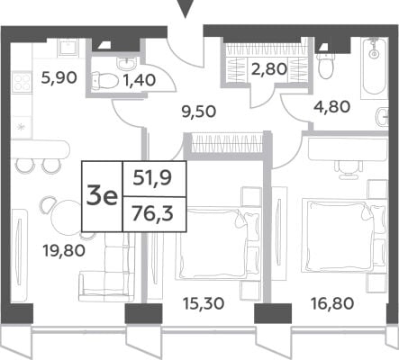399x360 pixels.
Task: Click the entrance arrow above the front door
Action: coord(186,8)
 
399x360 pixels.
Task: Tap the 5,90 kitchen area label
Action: coord(59,78)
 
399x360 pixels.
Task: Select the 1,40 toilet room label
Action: coord(139,80)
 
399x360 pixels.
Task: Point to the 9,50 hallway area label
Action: coord(199,112)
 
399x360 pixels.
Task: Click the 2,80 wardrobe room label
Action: coord(270,69)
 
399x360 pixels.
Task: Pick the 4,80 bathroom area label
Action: coord(332,107)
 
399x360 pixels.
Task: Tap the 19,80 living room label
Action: coord(64,250)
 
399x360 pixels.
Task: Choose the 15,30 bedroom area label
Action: coord(204,303)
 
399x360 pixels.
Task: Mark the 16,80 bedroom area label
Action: coord(332,303)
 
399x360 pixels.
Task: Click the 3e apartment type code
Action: coord(102,196)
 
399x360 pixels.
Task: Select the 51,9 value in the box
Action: coord(152,178)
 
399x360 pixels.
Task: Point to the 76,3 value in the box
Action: coord(152,214)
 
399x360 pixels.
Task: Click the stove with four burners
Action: coord(22,82)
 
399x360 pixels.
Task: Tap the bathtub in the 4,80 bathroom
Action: coord(374,67)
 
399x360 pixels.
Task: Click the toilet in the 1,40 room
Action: coord(104,80)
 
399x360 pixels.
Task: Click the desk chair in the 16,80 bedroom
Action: coord(349,169)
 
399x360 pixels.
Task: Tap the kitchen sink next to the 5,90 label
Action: coord(67,48)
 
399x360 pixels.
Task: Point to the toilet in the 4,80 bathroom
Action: coord(325,67)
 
